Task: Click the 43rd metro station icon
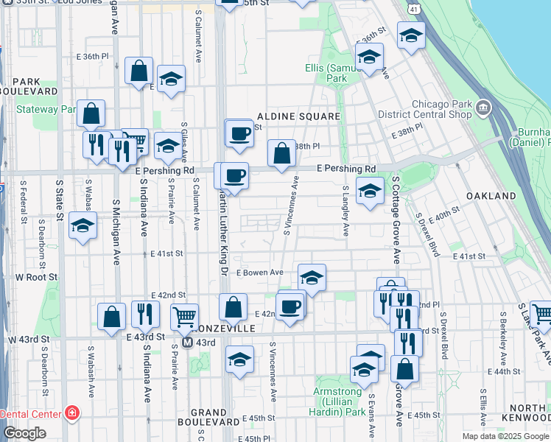[188, 343]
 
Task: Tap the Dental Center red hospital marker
[72, 413]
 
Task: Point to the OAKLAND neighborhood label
[491, 196]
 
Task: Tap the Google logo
[24, 433]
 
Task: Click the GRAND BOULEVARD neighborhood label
[208, 417]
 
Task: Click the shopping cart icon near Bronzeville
[184, 316]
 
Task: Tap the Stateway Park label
[46, 109]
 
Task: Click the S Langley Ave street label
[345, 211]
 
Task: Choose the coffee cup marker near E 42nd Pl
[290, 306]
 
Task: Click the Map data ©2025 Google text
[505, 436]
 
